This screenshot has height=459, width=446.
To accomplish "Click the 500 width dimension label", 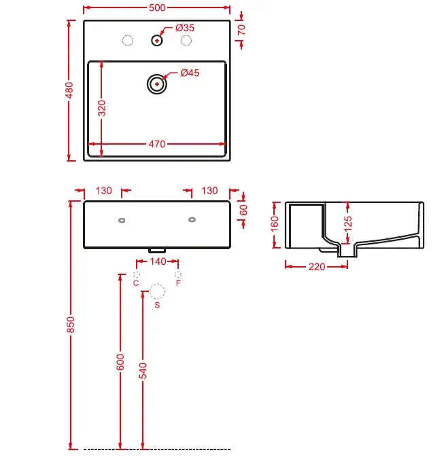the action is pyautogui.click(x=157, y=7).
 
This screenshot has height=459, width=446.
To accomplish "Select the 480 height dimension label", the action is pyautogui.click(x=69, y=90).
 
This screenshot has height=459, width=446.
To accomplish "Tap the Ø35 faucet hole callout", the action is pyautogui.click(x=185, y=28).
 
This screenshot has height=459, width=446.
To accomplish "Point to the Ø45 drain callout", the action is pyautogui.click(x=190, y=73).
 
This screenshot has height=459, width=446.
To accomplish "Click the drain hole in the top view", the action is pyautogui.click(x=157, y=84).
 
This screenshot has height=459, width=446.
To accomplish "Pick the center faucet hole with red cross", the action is pyautogui.click(x=157, y=40).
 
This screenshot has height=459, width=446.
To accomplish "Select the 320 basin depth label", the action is pyautogui.click(x=102, y=108).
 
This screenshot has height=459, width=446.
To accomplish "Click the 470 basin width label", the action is pyautogui.click(x=157, y=144).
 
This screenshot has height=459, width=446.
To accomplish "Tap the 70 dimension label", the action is pyautogui.click(x=241, y=30).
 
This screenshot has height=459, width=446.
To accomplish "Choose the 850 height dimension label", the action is pyautogui.click(x=71, y=325).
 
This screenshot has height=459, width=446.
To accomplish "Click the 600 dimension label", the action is pyautogui.click(x=120, y=362).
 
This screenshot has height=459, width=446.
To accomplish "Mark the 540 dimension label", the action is pyautogui.click(x=143, y=371).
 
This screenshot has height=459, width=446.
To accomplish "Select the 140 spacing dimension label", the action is pyautogui.click(x=158, y=261).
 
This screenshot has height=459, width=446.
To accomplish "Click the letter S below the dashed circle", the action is pyautogui.click(x=157, y=305).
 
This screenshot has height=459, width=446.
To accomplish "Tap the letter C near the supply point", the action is pyautogui.click(x=136, y=283).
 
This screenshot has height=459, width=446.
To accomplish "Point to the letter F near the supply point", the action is pyautogui.click(x=178, y=283).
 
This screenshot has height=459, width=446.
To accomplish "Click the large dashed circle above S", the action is pyautogui.click(x=157, y=284).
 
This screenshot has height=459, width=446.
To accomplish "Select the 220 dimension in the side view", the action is pyautogui.click(x=317, y=267).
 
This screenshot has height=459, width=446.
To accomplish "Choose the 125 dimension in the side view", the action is pyautogui.click(x=348, y=224).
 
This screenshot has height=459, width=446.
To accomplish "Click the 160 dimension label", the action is pyautogui.click(x=274, y=224).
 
